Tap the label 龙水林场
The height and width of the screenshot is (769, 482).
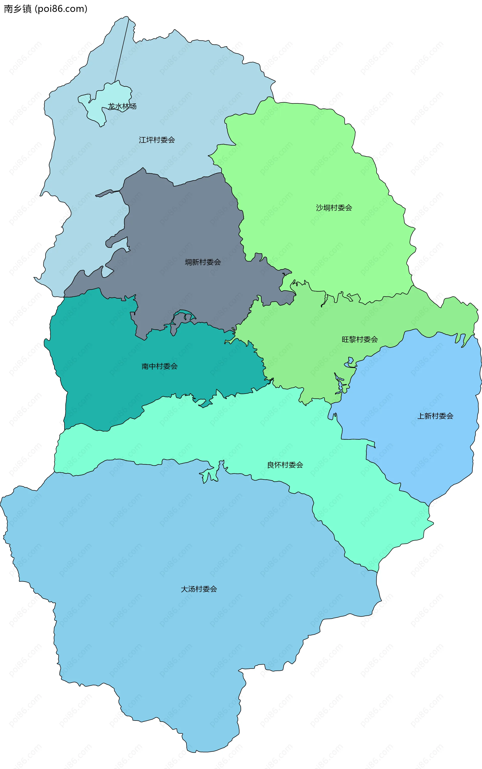click(122, 106)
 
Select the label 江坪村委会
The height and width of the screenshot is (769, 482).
click(157, 140)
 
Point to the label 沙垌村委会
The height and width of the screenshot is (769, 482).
click(334, 208)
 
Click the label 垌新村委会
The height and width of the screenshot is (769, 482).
click(203, 262)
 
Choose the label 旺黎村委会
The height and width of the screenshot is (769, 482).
click(359, 339)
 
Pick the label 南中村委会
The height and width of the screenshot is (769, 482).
click(159, 366)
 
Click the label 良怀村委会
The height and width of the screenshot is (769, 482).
click(285, 465)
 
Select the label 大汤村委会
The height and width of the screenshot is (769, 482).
click(199, 589)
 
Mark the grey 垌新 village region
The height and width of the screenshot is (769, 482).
click(191, 223)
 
